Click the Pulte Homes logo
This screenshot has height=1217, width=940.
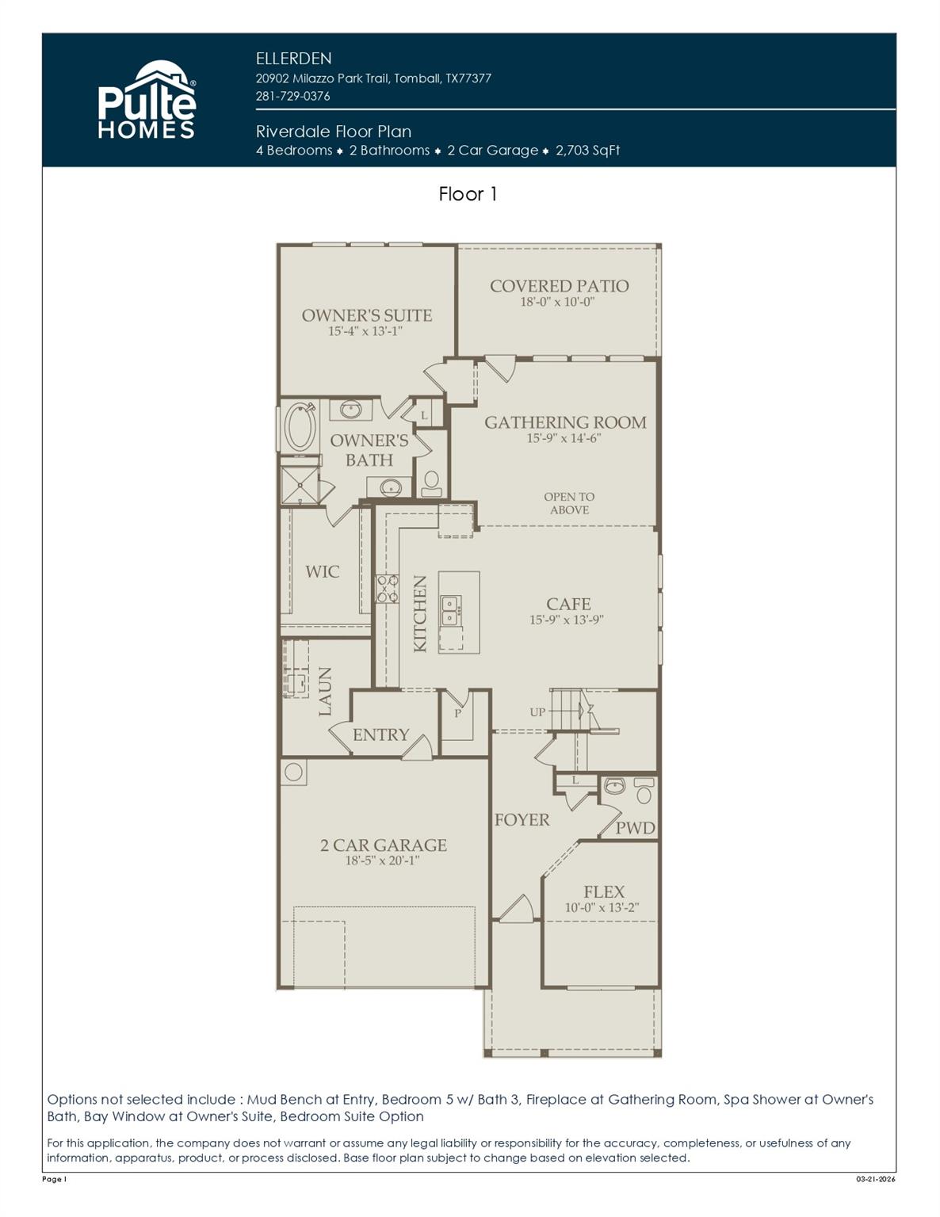coord(147,101)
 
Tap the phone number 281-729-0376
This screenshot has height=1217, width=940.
coord(292,96)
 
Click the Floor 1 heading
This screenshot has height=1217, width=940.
coord(468,194)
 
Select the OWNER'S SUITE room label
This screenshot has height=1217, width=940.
coord(366,315)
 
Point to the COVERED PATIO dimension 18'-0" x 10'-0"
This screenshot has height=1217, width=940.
coord(557,302)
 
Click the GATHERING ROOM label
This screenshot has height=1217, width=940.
coord(565,422)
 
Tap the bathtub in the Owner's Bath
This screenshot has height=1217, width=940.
coord(300,428)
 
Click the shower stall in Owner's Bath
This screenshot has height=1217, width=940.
coord(300,485)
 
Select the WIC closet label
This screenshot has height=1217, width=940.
coord(322,571)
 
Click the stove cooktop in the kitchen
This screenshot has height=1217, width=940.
coord(387,589)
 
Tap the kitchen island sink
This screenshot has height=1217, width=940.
coord(449,610)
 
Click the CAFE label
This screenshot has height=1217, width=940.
coord(567,604)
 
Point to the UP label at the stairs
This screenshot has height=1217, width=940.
coord(537,712)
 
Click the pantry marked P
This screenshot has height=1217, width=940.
coord(457,714)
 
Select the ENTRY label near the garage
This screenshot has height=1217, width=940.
coord(380,734)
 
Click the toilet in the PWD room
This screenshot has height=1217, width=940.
coord(644,793)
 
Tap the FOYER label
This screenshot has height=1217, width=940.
coord(522,820)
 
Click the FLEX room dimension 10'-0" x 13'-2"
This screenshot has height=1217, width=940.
coord(602,908)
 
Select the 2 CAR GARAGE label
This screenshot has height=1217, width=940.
coord(383,845)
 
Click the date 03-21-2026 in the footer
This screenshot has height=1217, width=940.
coord(875,1179)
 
